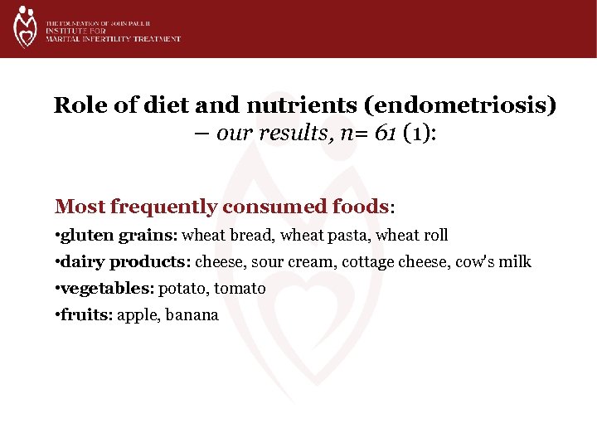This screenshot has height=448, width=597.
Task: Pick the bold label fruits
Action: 89,315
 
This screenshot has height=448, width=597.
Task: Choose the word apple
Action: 137,315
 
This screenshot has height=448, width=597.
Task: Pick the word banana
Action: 192,315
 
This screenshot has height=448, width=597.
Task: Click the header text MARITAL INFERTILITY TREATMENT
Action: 114,39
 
